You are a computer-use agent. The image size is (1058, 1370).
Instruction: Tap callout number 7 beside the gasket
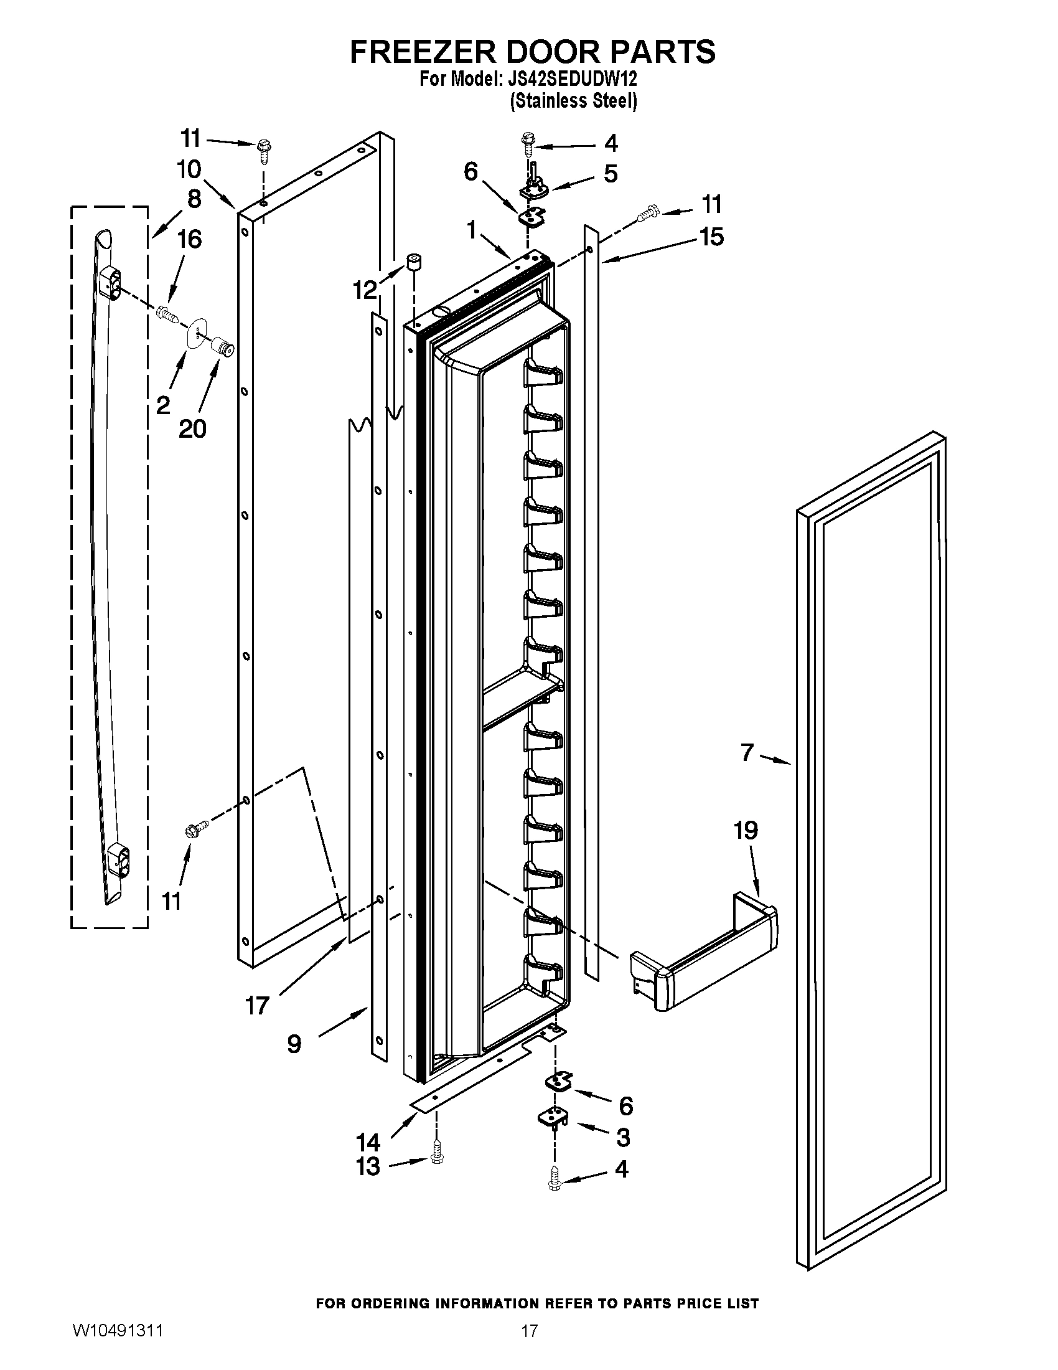746,752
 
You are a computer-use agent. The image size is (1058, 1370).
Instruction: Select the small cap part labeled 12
414,262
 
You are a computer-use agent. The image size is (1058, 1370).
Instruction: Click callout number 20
192,428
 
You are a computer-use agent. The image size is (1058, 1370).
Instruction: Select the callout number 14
368,1140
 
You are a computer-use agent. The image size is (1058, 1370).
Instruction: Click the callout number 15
711,237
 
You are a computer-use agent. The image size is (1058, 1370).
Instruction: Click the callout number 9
294,1044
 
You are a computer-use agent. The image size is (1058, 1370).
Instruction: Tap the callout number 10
189,169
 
